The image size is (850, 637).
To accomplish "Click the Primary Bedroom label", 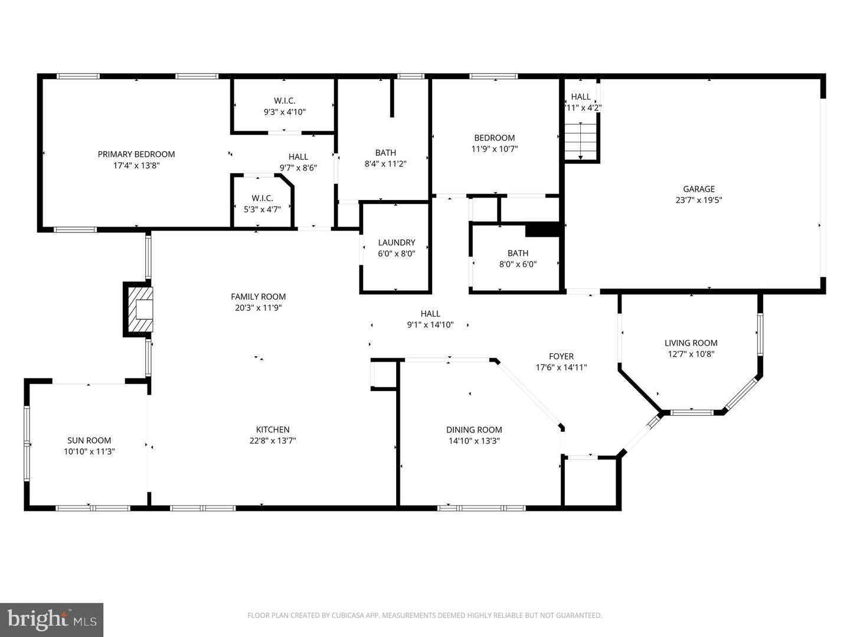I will click(136, 155).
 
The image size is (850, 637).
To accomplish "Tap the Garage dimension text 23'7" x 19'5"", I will click(699, 200).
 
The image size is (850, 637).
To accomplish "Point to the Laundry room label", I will click(397, 242).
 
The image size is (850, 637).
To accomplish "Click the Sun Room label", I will click(89, 441).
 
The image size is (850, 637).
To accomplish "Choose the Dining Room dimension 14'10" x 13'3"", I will click(474, 441).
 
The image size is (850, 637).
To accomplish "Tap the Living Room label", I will click(691, 343).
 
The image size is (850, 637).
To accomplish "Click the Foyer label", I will click(561, 356).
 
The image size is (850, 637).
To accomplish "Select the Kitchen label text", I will click(273, 430).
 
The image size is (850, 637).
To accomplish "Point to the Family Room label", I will click(258, 297).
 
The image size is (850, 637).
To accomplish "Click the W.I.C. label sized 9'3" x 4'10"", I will click(285, 101).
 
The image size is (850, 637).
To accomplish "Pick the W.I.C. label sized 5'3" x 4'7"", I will click(262, 198).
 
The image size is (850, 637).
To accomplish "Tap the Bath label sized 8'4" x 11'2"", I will click(385, 153).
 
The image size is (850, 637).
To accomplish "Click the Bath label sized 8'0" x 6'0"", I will click(518, 254).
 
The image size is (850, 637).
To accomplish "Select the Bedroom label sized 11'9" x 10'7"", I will click(495, 138).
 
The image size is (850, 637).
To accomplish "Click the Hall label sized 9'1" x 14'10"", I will click(430, 314).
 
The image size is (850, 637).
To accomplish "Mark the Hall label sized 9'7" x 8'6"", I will click(298, 157).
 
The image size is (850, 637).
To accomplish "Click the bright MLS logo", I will click(51, 619).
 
